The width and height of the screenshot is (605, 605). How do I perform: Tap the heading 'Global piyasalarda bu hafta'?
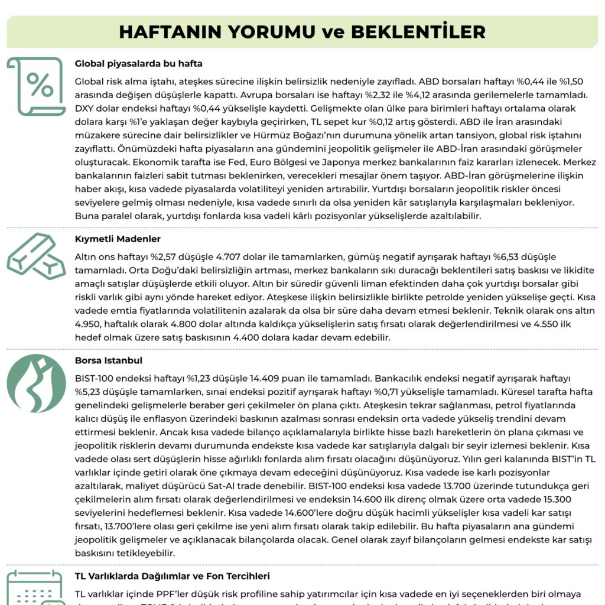[139, 63]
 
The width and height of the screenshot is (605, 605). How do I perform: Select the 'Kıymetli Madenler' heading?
[118, 239]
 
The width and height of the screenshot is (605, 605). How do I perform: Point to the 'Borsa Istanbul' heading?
[109, 360]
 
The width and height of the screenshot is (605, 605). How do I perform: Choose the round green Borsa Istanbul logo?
[37, 383]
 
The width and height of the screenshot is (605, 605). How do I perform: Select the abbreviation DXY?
[86, 109]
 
